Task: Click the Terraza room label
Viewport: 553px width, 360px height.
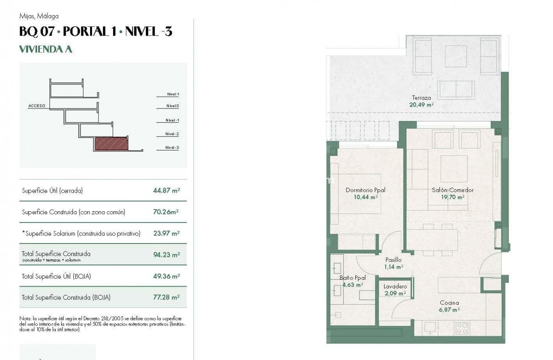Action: pyautogui.click(x=421, y=98)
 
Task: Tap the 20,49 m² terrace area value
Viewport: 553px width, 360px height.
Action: pyautogui.click(x=421, y=105)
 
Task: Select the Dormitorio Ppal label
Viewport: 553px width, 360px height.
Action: pyautogui.click(x=365, y=190)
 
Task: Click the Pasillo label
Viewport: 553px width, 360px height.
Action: pyautogui.click(x=393, y=260)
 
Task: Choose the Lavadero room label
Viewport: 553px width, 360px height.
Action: pyautogui.click(x=395, y=287)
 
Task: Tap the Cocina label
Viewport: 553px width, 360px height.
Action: pyautogui.click(x=449, y=303)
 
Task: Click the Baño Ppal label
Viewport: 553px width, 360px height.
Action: pyautogui.click(x=352, y=278)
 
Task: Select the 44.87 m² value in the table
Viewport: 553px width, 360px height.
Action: pyautogui.click(x=166, y=191)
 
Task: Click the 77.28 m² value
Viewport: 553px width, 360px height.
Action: pyautogui.click(x=166, y=297)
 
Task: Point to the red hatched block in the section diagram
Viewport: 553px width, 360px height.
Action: pyautogui.click(x=111, y=144)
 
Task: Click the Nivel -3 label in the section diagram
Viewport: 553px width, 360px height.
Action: pyautogui.click(x=172, y=148)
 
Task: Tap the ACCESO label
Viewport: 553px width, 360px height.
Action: pyautogui.click(x=36, y=106)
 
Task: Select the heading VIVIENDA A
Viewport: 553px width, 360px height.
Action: pyautogui.click(x=46, y=49)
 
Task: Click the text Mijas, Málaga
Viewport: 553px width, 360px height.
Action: pyautogui.click(x=39, y=16)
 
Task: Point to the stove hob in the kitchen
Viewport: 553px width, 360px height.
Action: pyautogui.click(x=462, y=327)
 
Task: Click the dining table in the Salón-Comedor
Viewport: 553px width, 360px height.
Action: pyautogui.click(x=432, y=239)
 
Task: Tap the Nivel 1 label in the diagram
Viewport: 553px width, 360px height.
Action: pyautogui.click(x=173, y=94)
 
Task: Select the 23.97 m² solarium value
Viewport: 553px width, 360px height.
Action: pyautogui.click(x=166, y=233)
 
